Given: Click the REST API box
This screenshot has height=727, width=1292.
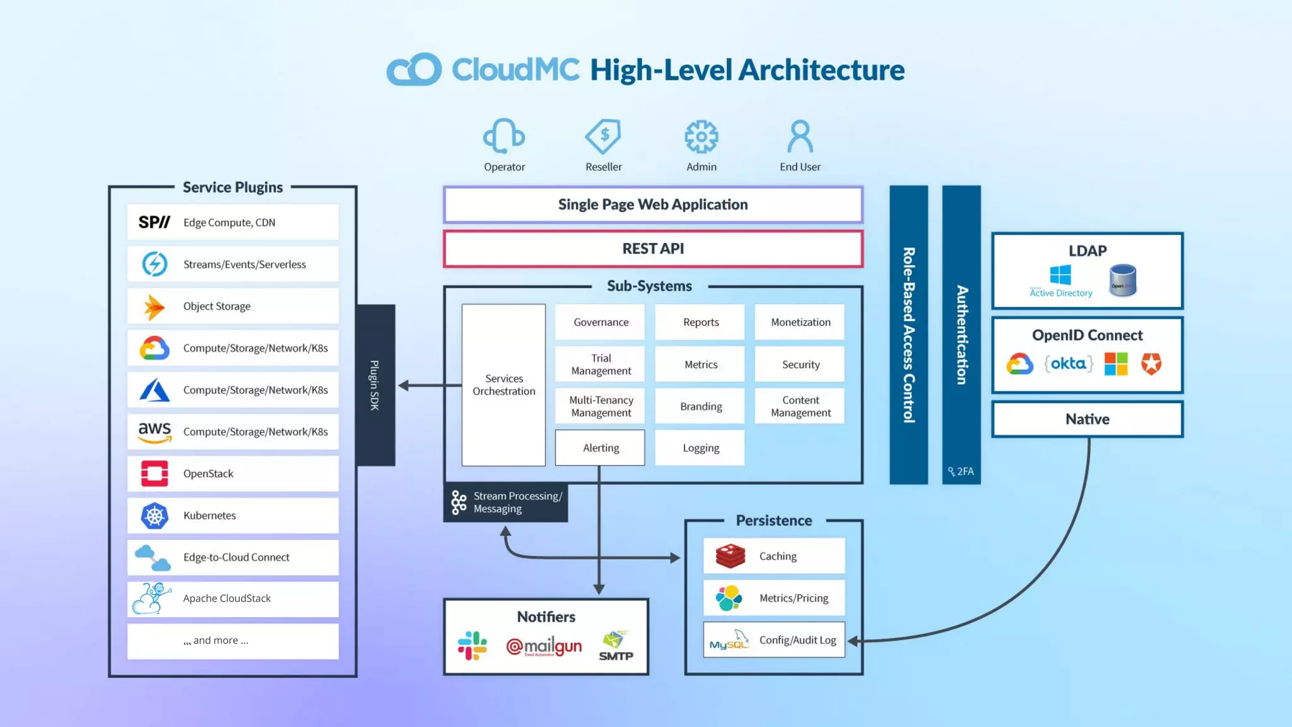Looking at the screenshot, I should click(x=653, y=249).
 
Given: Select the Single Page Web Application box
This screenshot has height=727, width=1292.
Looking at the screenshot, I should click(x=653, y=204).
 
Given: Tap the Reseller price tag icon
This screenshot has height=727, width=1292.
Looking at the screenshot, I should click(x=603, y=136).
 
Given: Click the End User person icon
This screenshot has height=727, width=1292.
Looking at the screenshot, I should click(x=800, y=136).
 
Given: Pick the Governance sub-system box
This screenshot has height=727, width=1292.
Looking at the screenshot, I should click(x=601, y=322).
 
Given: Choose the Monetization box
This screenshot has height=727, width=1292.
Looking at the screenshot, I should click(x=800, y=322).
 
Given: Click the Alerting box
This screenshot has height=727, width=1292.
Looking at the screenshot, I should click(x=600, y=447).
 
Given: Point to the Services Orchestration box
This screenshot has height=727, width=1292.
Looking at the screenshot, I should click(x=503, y=385).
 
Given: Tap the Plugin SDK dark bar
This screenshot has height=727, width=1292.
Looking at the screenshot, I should click(x=375, y=385).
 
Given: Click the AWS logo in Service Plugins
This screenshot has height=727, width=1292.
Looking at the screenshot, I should click(x=155, y=432).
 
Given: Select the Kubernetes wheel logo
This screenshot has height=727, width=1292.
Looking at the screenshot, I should click(x=155, y=516).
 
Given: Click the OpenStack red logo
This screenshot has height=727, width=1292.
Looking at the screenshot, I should click(x=155, y=473).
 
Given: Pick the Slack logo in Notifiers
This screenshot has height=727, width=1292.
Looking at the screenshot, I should click(x=473, y=646).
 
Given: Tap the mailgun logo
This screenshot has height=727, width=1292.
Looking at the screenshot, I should click(x=544, y=646).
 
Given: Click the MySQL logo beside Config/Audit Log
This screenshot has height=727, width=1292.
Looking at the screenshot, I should click(x=729, y=641).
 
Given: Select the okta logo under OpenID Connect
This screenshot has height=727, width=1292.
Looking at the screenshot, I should click(x=1068, y=363).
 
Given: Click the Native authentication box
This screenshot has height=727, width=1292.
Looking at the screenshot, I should click(x=1087, y=419).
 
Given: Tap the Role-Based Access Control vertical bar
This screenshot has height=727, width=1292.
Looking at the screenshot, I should click(x=908, y=334).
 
